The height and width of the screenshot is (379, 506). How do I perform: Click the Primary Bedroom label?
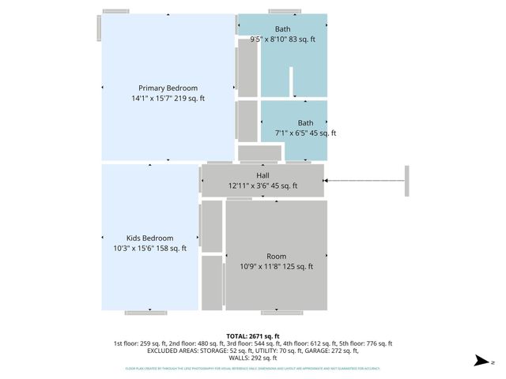click(168, 88)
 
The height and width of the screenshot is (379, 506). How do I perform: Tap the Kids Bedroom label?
click(149, 238)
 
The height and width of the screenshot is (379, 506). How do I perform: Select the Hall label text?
click(262, 175)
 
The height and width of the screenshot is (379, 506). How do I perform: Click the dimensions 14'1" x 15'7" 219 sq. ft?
click(168, 99)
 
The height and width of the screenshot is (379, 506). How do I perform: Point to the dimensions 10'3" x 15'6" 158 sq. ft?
click(149, 249)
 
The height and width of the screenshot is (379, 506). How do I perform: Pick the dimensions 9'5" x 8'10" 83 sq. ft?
click(282, 39)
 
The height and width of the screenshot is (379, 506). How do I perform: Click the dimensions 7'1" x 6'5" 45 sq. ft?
click(305, 133)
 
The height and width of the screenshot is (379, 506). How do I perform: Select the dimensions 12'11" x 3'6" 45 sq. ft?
click(262, 186)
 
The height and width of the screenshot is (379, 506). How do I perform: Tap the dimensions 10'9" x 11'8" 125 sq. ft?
click(276, 267)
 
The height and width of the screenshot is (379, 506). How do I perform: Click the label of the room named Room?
click(276, 256)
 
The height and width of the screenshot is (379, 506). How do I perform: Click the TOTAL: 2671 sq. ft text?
click(252, 336)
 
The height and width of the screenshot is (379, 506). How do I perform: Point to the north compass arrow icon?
click(480, 361)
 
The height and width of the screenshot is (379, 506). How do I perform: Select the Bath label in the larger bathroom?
click(282, 29)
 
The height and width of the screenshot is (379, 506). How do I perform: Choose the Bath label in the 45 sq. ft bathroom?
click(305, 122)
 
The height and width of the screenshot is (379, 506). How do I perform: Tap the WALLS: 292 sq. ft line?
click(252, 358)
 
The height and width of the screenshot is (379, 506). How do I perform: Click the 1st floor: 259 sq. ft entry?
click(140, 343)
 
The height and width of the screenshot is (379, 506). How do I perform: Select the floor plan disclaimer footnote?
click(252, 368)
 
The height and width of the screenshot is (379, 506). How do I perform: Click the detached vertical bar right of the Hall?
click(407, 182)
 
